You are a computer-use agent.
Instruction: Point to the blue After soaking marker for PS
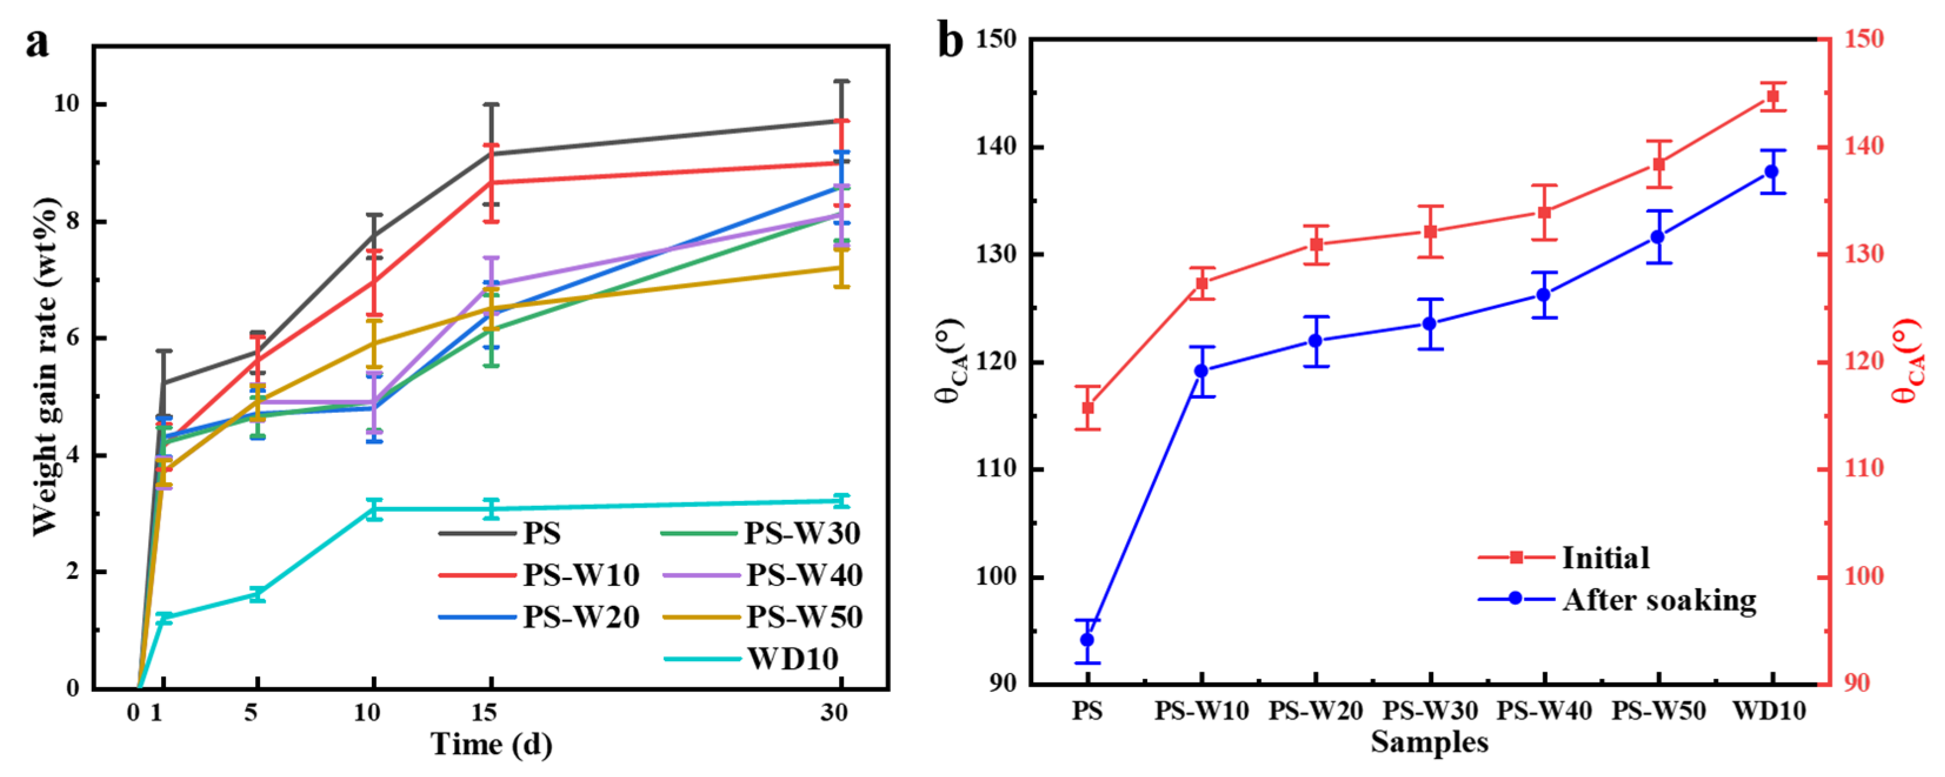pos(1087,639)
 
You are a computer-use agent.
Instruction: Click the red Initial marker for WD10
pos(1772,96)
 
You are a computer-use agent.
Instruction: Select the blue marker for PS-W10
pos(1201,371)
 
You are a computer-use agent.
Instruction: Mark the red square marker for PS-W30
pos(1430,232)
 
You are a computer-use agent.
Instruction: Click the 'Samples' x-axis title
pos(1429,742)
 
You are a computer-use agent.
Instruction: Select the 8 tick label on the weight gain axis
pos(72,221)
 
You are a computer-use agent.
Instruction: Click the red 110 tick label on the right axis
pos(1865,469)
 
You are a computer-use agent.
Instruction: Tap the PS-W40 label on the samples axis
pos(1545,711)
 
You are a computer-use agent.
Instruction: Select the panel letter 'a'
pos(36,42)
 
